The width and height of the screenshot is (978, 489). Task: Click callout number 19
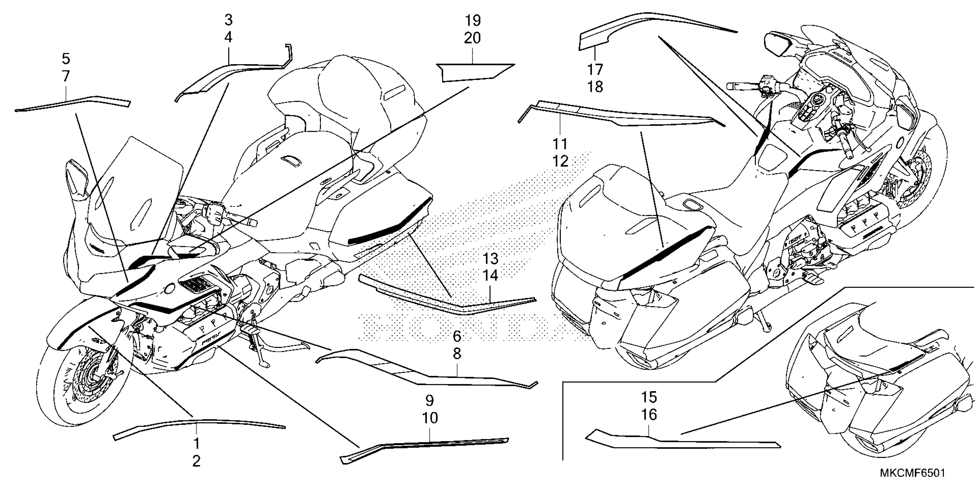pos(472,20)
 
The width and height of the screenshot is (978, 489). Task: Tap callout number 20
pos(472,38)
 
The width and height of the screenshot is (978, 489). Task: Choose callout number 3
pos(228,20)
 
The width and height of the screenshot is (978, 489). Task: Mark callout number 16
pos(649,414)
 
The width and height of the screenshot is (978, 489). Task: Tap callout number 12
pos(560,161)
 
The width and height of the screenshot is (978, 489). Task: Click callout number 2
pos(196,461)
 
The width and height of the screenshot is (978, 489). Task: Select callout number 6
pos(457,336)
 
